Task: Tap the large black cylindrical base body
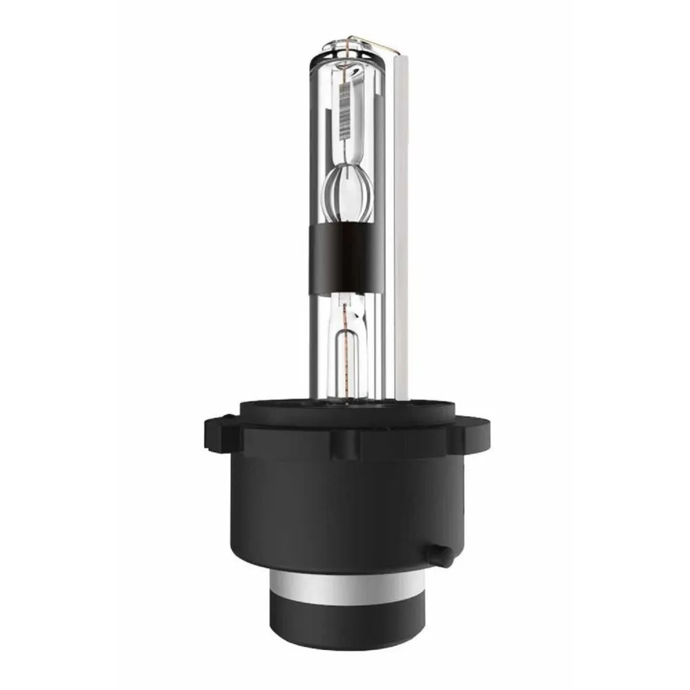click(x=344, y=511)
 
